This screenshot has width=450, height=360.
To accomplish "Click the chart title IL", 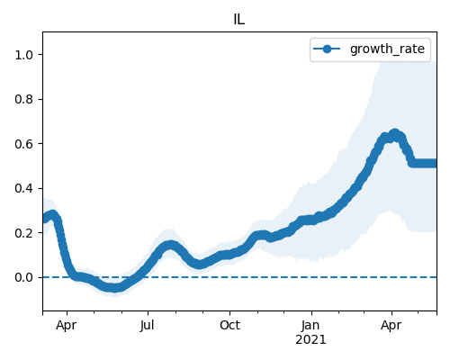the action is [x=239, y=20].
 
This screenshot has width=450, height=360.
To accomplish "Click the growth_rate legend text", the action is [x=387, y=49].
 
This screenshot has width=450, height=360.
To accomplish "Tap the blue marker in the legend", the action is [x=327, y=49].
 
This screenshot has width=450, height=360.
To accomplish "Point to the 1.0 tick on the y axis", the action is [x=24, y=55].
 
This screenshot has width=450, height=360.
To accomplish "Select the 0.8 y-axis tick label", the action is [x=24, y=99].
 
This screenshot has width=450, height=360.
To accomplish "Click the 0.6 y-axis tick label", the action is [x=24, y=144].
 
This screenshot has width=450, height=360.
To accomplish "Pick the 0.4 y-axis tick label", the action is [x=24, y=188].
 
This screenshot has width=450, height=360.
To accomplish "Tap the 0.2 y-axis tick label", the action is [x=24, y=233].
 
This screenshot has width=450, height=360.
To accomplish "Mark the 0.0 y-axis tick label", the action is [x=24, y=277].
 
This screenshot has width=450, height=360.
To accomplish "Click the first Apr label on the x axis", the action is [x=67, y=326].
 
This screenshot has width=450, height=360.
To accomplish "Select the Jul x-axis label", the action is [x=148, y=326].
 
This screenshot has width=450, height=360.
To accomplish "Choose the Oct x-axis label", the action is [x=229, y=326].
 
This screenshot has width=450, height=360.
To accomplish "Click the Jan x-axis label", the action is [x=310, y=326].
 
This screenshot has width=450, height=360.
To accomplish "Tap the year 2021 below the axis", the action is [x=310, y=340].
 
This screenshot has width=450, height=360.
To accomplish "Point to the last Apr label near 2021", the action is [x=391, y=326].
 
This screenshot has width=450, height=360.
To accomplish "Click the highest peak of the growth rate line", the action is [x=395, y=133].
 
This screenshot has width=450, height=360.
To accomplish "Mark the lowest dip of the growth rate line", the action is [x=114, y=288].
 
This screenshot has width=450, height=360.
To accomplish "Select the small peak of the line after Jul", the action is [x=170, y=246].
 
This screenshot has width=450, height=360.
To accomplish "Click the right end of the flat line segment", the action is [x=436, y=164].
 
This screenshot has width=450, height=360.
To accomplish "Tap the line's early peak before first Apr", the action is [x=53, y=215].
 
